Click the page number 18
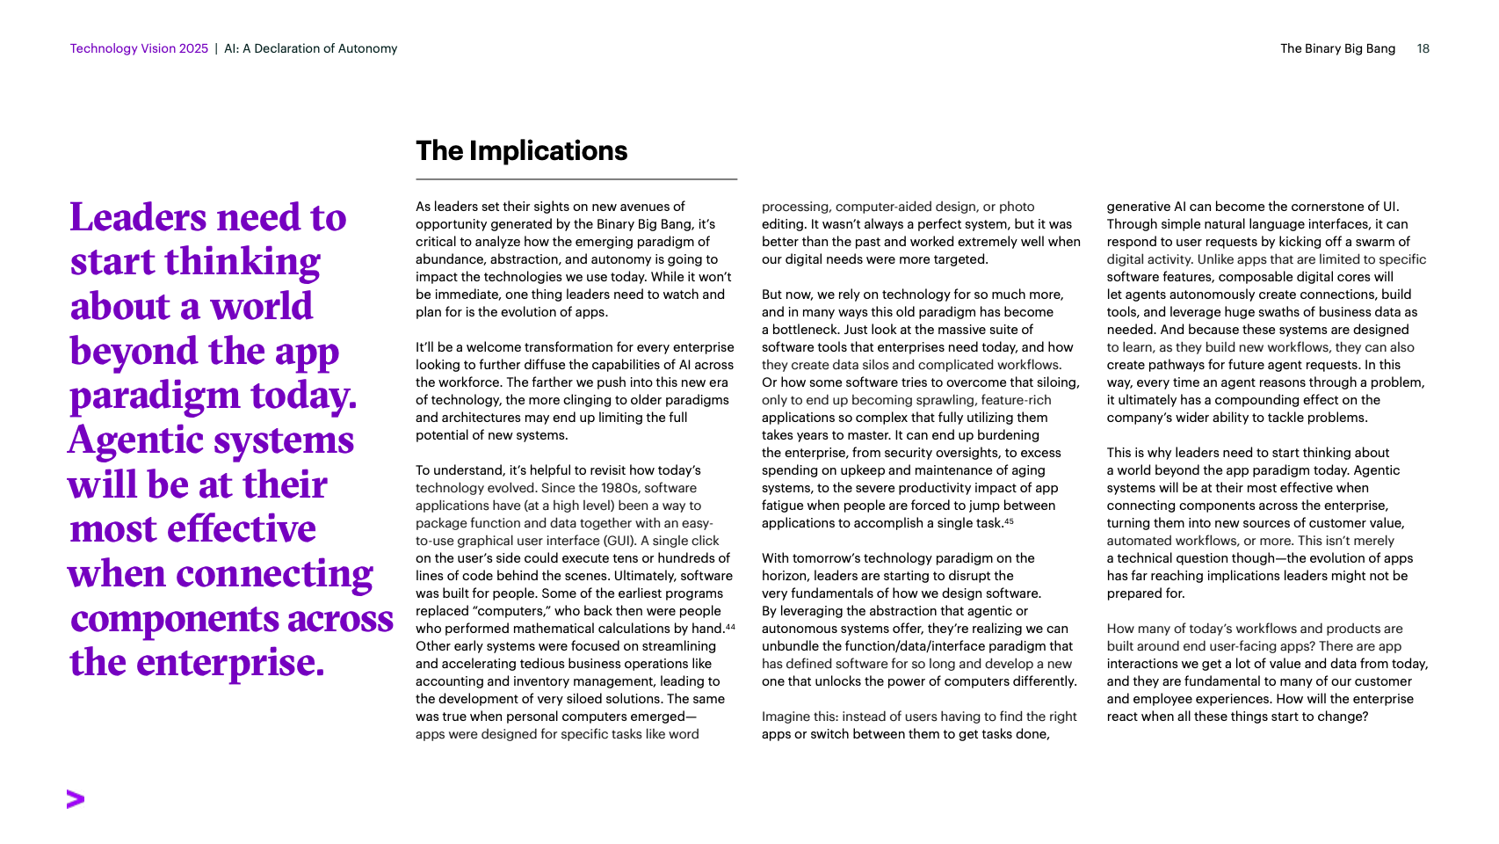(x=1423, y=48)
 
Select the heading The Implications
(x=521, y=151)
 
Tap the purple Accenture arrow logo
(x=76, y=799)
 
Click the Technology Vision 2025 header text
(x=139, y=48)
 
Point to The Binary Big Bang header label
(x=1337, y=48)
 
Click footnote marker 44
(x=730, y=627)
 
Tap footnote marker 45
(x=1009, y=521)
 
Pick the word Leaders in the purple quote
(x=138, y=217)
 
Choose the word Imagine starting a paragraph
(x=786, y=717)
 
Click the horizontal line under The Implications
(x=576, y=179)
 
